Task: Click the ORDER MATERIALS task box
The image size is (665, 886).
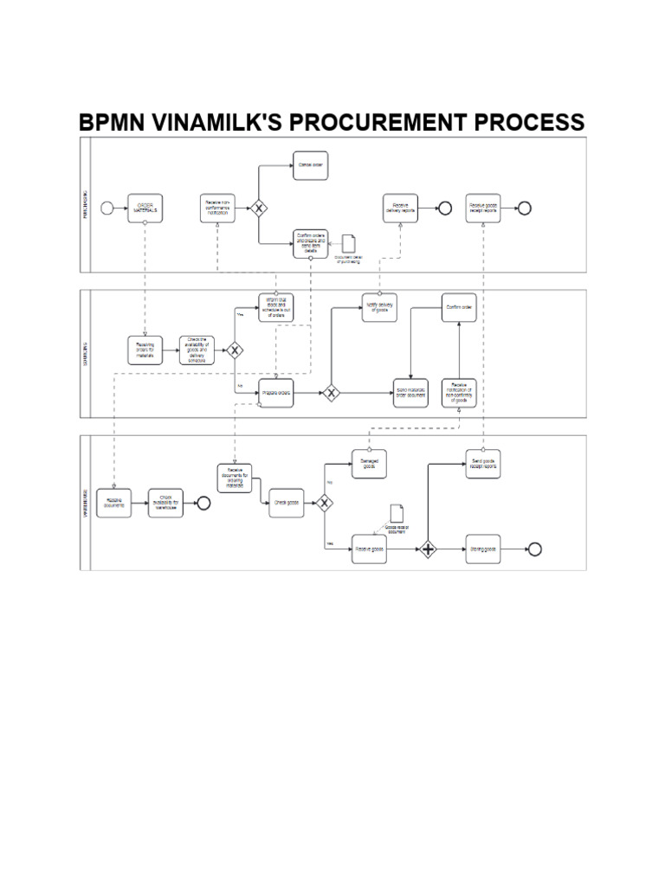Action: point(145,208)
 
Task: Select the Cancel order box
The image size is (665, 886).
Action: point(310,164)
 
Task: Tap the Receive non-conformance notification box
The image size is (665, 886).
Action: point(217,208)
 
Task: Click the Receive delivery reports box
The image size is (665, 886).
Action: point(401,208)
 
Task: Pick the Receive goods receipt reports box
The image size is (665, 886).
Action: point(483,208)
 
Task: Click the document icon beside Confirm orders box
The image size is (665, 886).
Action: point(348,245)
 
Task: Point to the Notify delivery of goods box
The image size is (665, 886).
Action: point(379,307)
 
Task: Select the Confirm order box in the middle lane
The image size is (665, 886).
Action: point(459,307)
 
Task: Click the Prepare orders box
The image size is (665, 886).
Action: point(276,393)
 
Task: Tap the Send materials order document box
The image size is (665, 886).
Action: point(410,393)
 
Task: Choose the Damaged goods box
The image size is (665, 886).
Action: point(369,464)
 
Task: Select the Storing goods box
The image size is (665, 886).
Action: point(483,549)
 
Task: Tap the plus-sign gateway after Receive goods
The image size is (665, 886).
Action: point(428,549)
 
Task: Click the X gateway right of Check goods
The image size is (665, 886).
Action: point(324,503)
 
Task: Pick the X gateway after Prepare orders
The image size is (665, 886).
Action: point(331,393)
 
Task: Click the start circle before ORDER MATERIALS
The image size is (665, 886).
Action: point(107,208)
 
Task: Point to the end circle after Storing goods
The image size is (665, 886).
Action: point(534,549)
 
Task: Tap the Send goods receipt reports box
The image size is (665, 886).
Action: point(483,463)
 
